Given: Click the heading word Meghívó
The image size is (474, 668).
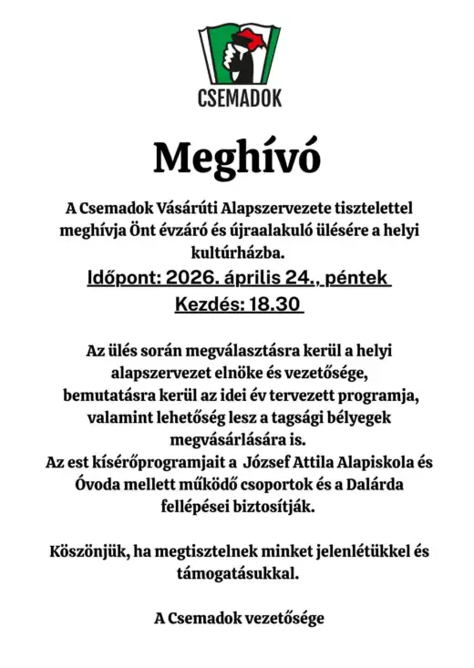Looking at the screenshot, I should [237, 158].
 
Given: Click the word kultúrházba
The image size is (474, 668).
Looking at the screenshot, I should [237, 250].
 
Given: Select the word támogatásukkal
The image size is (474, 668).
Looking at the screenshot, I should [237, 574].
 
